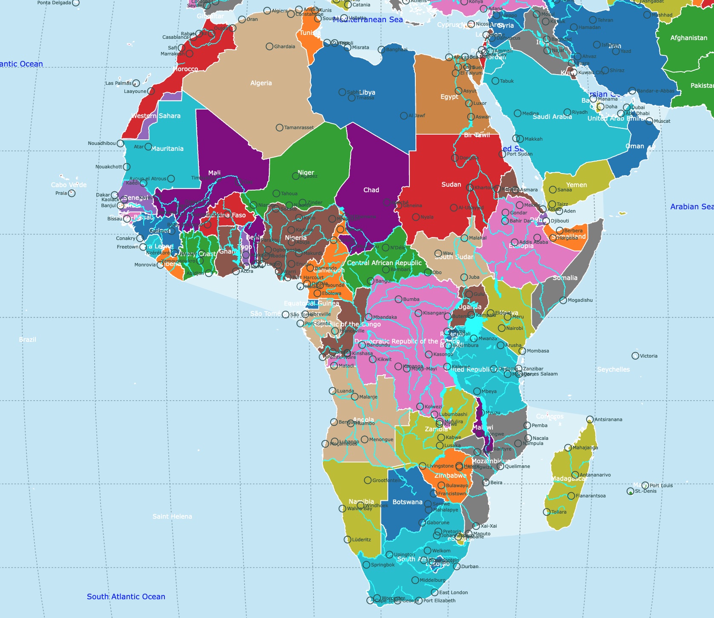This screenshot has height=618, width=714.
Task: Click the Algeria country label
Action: pyautogui.click(x=261, y=83)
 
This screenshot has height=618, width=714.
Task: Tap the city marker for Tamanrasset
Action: pyautogui.click(x=279, y=127)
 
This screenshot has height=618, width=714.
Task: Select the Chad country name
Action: pyautogui.click(x=371, y=190)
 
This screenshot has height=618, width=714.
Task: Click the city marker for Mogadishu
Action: pyautogui.click(x=563, y=300)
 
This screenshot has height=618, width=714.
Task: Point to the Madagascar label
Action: pyautogui.click(x=569, y=479)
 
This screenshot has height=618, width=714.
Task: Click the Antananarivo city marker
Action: pyautogui.click(x=575, y=475)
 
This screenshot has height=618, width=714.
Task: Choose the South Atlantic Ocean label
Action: pyautogui.click(x=126, y=597)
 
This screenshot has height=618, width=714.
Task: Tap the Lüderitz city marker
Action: pyautogui.click(x=348, y=540)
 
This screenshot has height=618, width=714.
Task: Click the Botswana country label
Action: pyautogui.click(x=407, y=502)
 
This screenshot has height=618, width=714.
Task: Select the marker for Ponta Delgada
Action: pyautogui.click(x=76, y=3)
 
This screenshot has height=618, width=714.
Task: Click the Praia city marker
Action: pyautogui.click(x=72, y=193)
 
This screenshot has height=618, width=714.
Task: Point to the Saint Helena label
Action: pyautogui.click(x=172, y=517)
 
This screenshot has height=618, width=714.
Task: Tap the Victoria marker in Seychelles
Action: pyautogui.click(x=635, y=356)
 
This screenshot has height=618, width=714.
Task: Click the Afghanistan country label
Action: pyautogui.click(x=688, y=38)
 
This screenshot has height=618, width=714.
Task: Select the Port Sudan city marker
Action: pyautogui.click(x=502, y=154)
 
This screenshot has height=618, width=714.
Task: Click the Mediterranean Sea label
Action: pyautogui.click(x=368, y=20)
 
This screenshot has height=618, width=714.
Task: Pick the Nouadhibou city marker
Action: pyautogui.click(x=120, y=144)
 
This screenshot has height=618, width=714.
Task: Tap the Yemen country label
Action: pyautogui.click(x=576, y=185)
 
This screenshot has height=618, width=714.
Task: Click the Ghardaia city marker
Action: pyautogui.click(x=270, y=46)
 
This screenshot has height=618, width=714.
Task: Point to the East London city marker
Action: pyautogui.click(x=435, y=592)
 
